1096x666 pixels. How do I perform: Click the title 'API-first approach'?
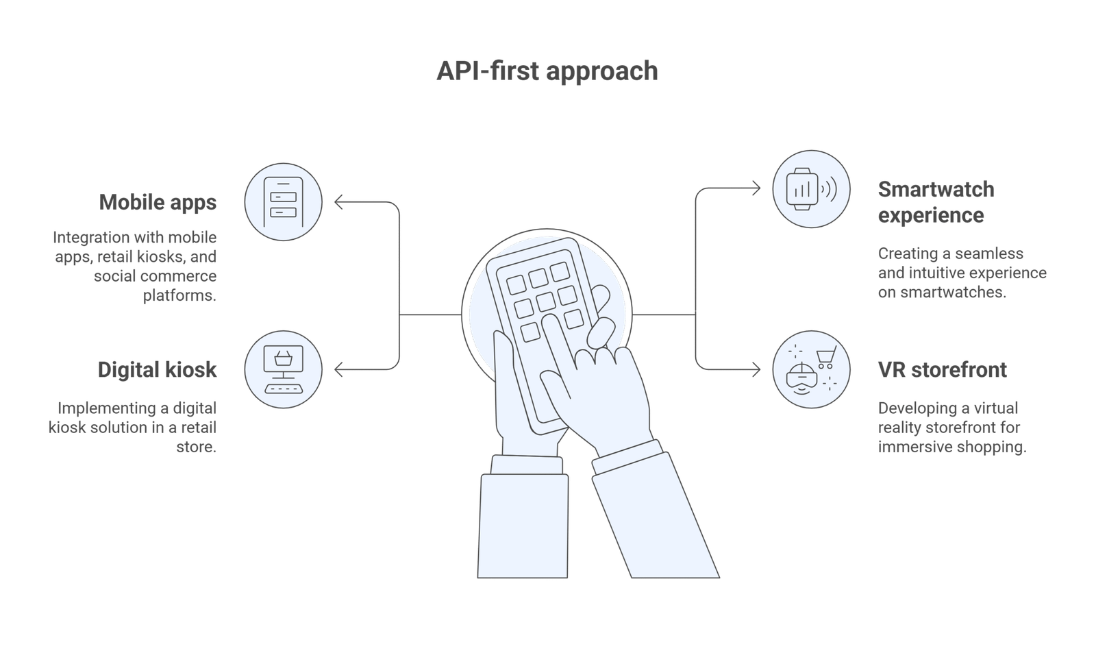pos(547,71)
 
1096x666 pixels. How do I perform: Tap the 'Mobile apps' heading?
pos(158,203)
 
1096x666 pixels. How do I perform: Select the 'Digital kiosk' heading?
pos(158,370)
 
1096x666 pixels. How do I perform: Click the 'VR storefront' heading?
pos(942,370)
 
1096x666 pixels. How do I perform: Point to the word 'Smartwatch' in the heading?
pos(936,189)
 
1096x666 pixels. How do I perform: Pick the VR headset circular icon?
pos(812,371)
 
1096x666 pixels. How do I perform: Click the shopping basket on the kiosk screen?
pos(283,358)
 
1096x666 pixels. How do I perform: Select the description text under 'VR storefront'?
pos(952,428)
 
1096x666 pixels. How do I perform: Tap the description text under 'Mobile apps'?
pos(136,267)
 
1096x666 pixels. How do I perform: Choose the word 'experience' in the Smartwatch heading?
pos(930,216)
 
